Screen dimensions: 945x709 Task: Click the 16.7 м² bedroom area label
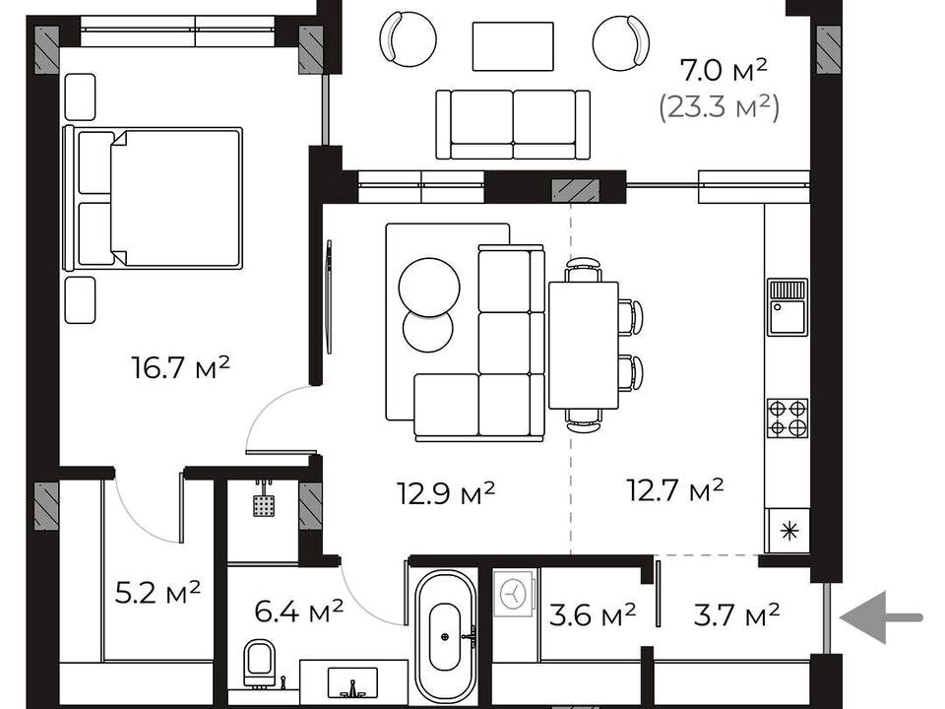[x=181, y=367]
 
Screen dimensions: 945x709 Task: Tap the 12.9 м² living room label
[x=446, y=492]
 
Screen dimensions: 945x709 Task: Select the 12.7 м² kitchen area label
[x=675, y=489]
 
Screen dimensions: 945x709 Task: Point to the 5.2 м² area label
[x=157, y=592]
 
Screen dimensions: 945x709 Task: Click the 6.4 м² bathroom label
[x=299, y=612]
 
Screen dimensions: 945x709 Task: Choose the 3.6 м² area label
[x=593, y=614]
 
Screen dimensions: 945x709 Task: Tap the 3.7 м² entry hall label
[x=737, y=614]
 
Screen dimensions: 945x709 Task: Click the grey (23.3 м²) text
[x=719, y=108]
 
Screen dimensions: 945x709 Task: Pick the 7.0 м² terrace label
[x=724, y=70]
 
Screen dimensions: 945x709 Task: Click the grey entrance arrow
[x=880, y=617]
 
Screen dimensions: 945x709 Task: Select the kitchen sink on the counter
[x=787, y=307]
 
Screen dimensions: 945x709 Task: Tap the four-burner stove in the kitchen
[x=787, y=418]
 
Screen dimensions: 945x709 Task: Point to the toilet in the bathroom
[x=260, y=663]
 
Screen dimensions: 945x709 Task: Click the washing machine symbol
[x=514, y=593]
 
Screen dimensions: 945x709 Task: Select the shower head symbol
[x=264, y=501]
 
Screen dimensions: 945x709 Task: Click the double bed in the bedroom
[x=154, y=198]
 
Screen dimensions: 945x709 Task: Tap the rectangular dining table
[x=584, y=345]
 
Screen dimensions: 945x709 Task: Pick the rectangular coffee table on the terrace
[x=513, y=46]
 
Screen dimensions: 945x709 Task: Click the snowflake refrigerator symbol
[x=788, y=531]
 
